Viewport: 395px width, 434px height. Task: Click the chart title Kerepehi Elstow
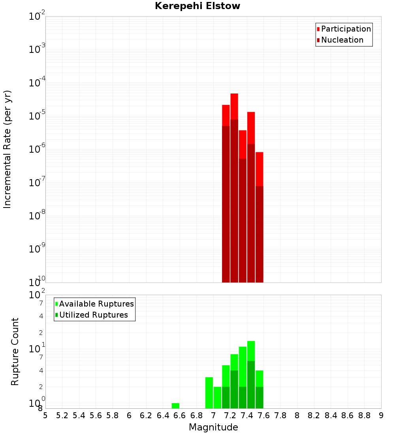click(197, 6)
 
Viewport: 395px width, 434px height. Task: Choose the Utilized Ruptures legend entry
click(93, 315)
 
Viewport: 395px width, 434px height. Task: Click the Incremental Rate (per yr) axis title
click(8, 149)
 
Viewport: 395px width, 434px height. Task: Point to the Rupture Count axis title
click(15, 352)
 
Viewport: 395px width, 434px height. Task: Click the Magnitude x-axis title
click(213, 427)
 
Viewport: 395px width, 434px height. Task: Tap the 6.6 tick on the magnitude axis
click(180, 415)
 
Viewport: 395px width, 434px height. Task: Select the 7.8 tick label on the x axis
click(280, 415)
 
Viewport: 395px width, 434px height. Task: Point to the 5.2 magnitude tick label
click(62, 415)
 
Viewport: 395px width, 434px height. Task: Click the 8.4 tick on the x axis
click(331, 415)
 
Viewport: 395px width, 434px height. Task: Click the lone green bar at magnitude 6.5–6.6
click(175, 406)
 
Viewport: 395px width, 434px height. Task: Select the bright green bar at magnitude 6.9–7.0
click(209, 393)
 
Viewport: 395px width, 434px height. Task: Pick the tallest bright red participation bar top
click(234, 95)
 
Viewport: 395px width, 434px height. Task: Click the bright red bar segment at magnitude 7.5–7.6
click(260, 168)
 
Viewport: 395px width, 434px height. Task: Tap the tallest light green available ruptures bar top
click(251, 342)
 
